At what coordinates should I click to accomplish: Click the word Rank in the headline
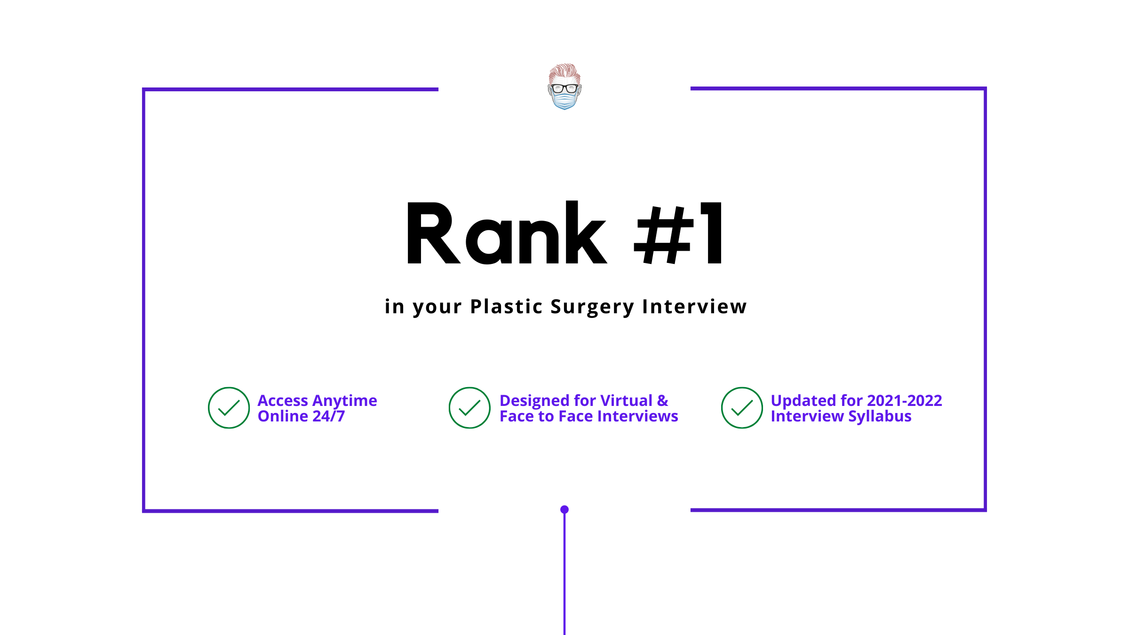tap(507, 232)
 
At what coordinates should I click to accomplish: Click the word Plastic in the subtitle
tap(507, 306)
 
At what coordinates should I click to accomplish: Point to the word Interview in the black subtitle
tap(694, 306)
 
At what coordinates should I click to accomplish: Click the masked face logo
tap(564, 87)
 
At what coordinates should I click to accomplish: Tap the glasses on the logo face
tap(564, 88)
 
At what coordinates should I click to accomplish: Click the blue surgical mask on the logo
tap(564, 101)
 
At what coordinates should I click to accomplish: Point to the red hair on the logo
tap(564, 73)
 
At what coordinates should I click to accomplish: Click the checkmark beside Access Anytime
tap(229, 408)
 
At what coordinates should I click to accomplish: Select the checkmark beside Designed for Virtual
tap(469, 408)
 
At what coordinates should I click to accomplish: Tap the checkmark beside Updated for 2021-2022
tap(742, 408)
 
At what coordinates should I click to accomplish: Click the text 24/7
tap(329, 416)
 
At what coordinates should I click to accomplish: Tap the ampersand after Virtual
tap(663, 400)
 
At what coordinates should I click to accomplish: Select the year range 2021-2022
tap(904, 400)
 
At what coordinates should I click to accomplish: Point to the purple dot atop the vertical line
tap(564, 509)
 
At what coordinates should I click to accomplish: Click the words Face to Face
tap(546, 416)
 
